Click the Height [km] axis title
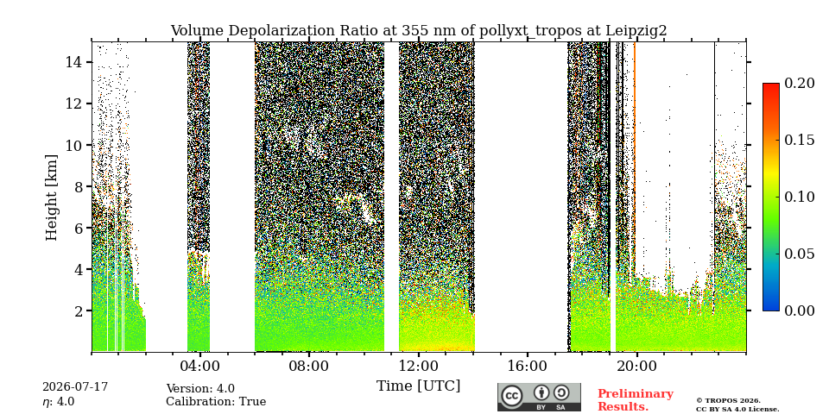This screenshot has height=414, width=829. coord(51,198)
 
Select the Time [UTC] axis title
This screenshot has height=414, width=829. coord(418,386)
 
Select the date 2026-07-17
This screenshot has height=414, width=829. coord(75,387)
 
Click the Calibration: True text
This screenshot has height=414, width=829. coord(216,401)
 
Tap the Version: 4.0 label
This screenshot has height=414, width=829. coord(200,389)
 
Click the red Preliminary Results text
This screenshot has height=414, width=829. coord(635,399)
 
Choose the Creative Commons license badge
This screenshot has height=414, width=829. coord(539,397)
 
